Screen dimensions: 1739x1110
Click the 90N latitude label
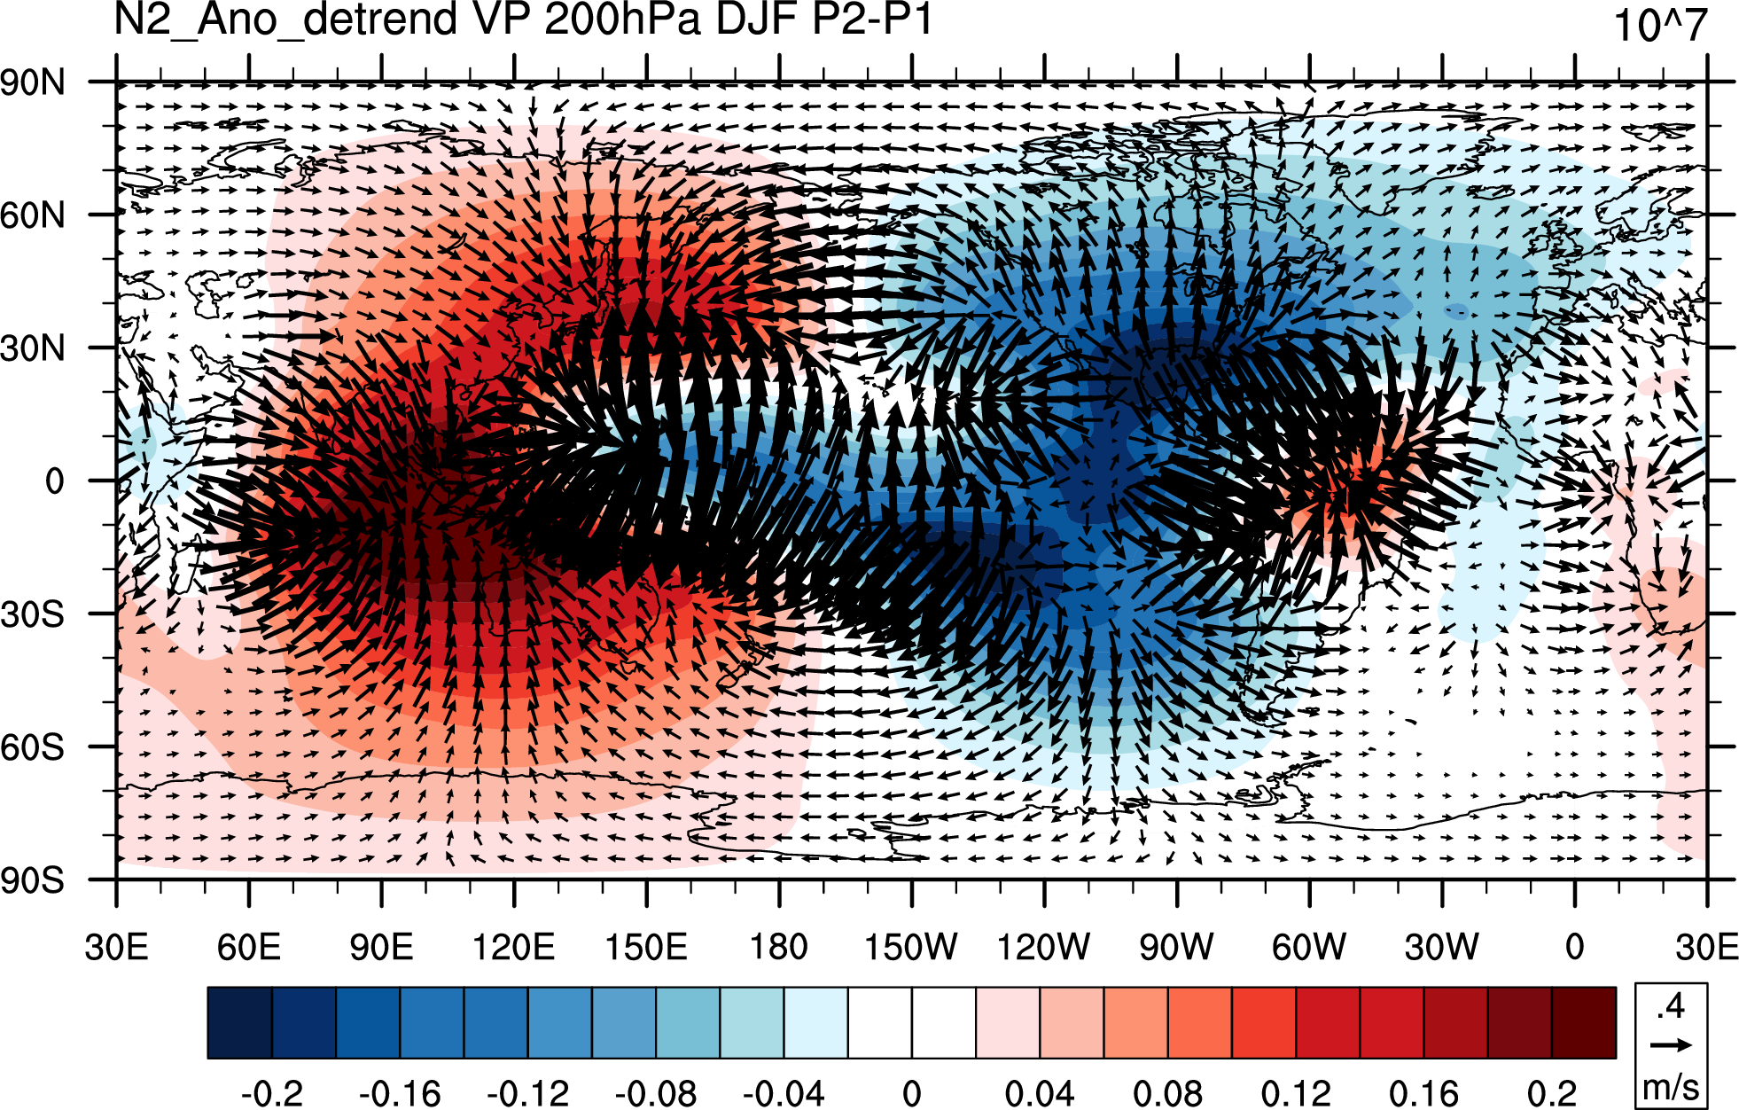(x=33, y=82)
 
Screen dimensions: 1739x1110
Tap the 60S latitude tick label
(x=33, y=747)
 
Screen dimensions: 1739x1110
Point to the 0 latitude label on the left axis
(x=54, y=481)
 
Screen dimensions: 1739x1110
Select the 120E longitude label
(x=513, y=947)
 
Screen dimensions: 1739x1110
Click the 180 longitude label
(x=779, y=947)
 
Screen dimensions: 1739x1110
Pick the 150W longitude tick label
(x=911, y=947)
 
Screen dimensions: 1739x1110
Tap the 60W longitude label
(x=1309, y=947)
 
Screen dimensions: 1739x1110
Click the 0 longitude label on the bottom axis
(x=1575, y=947)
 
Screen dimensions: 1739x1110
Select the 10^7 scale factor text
(x=1659, y=25)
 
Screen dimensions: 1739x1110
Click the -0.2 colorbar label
(x=271, y=1092)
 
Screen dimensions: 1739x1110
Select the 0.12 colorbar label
(x=1295, y=1092)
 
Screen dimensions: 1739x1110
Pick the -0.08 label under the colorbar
(x=655, y=1092)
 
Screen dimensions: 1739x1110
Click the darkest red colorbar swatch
(x=1584, y=1022)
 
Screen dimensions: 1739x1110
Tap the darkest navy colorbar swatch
(x=239, y=1022)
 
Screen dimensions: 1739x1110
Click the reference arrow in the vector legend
(x=1671, y=1045)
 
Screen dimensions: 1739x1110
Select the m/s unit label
(x=1671, y=1086)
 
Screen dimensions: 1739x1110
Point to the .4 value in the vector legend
(x=1671, y=1007)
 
